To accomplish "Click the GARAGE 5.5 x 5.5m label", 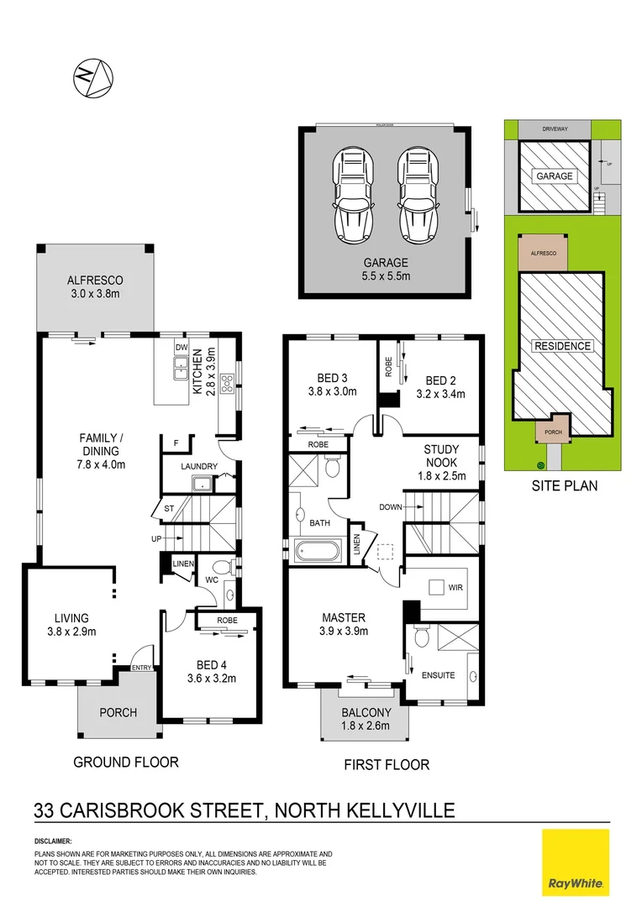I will coord(386,269).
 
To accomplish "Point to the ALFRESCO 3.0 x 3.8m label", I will coord(95,287).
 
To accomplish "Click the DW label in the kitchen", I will coord(181,347).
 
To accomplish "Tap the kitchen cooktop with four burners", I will coord(227,383).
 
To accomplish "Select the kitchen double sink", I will coord(180,367).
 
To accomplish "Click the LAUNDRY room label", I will coord(199,466).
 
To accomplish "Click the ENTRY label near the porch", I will coord(140,668).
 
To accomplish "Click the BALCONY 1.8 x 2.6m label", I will coord(365,719).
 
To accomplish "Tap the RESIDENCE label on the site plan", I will coord(562,346).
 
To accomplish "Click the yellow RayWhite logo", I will coord(575,862).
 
